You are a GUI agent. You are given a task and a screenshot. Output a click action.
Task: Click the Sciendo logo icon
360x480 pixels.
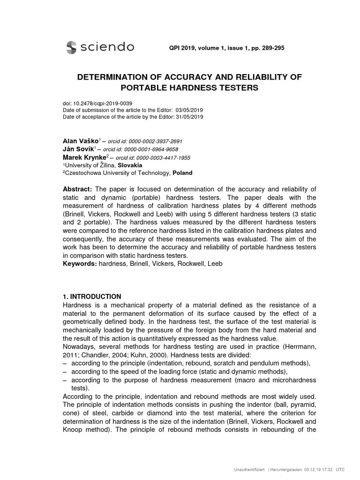point(71,47)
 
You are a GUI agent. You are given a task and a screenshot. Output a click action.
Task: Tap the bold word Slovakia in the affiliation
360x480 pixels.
point(129,165)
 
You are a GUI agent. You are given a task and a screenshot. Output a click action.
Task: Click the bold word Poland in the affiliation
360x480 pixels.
point(182,172)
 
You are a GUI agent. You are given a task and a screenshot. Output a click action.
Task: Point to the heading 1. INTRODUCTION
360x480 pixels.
point(92,297)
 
